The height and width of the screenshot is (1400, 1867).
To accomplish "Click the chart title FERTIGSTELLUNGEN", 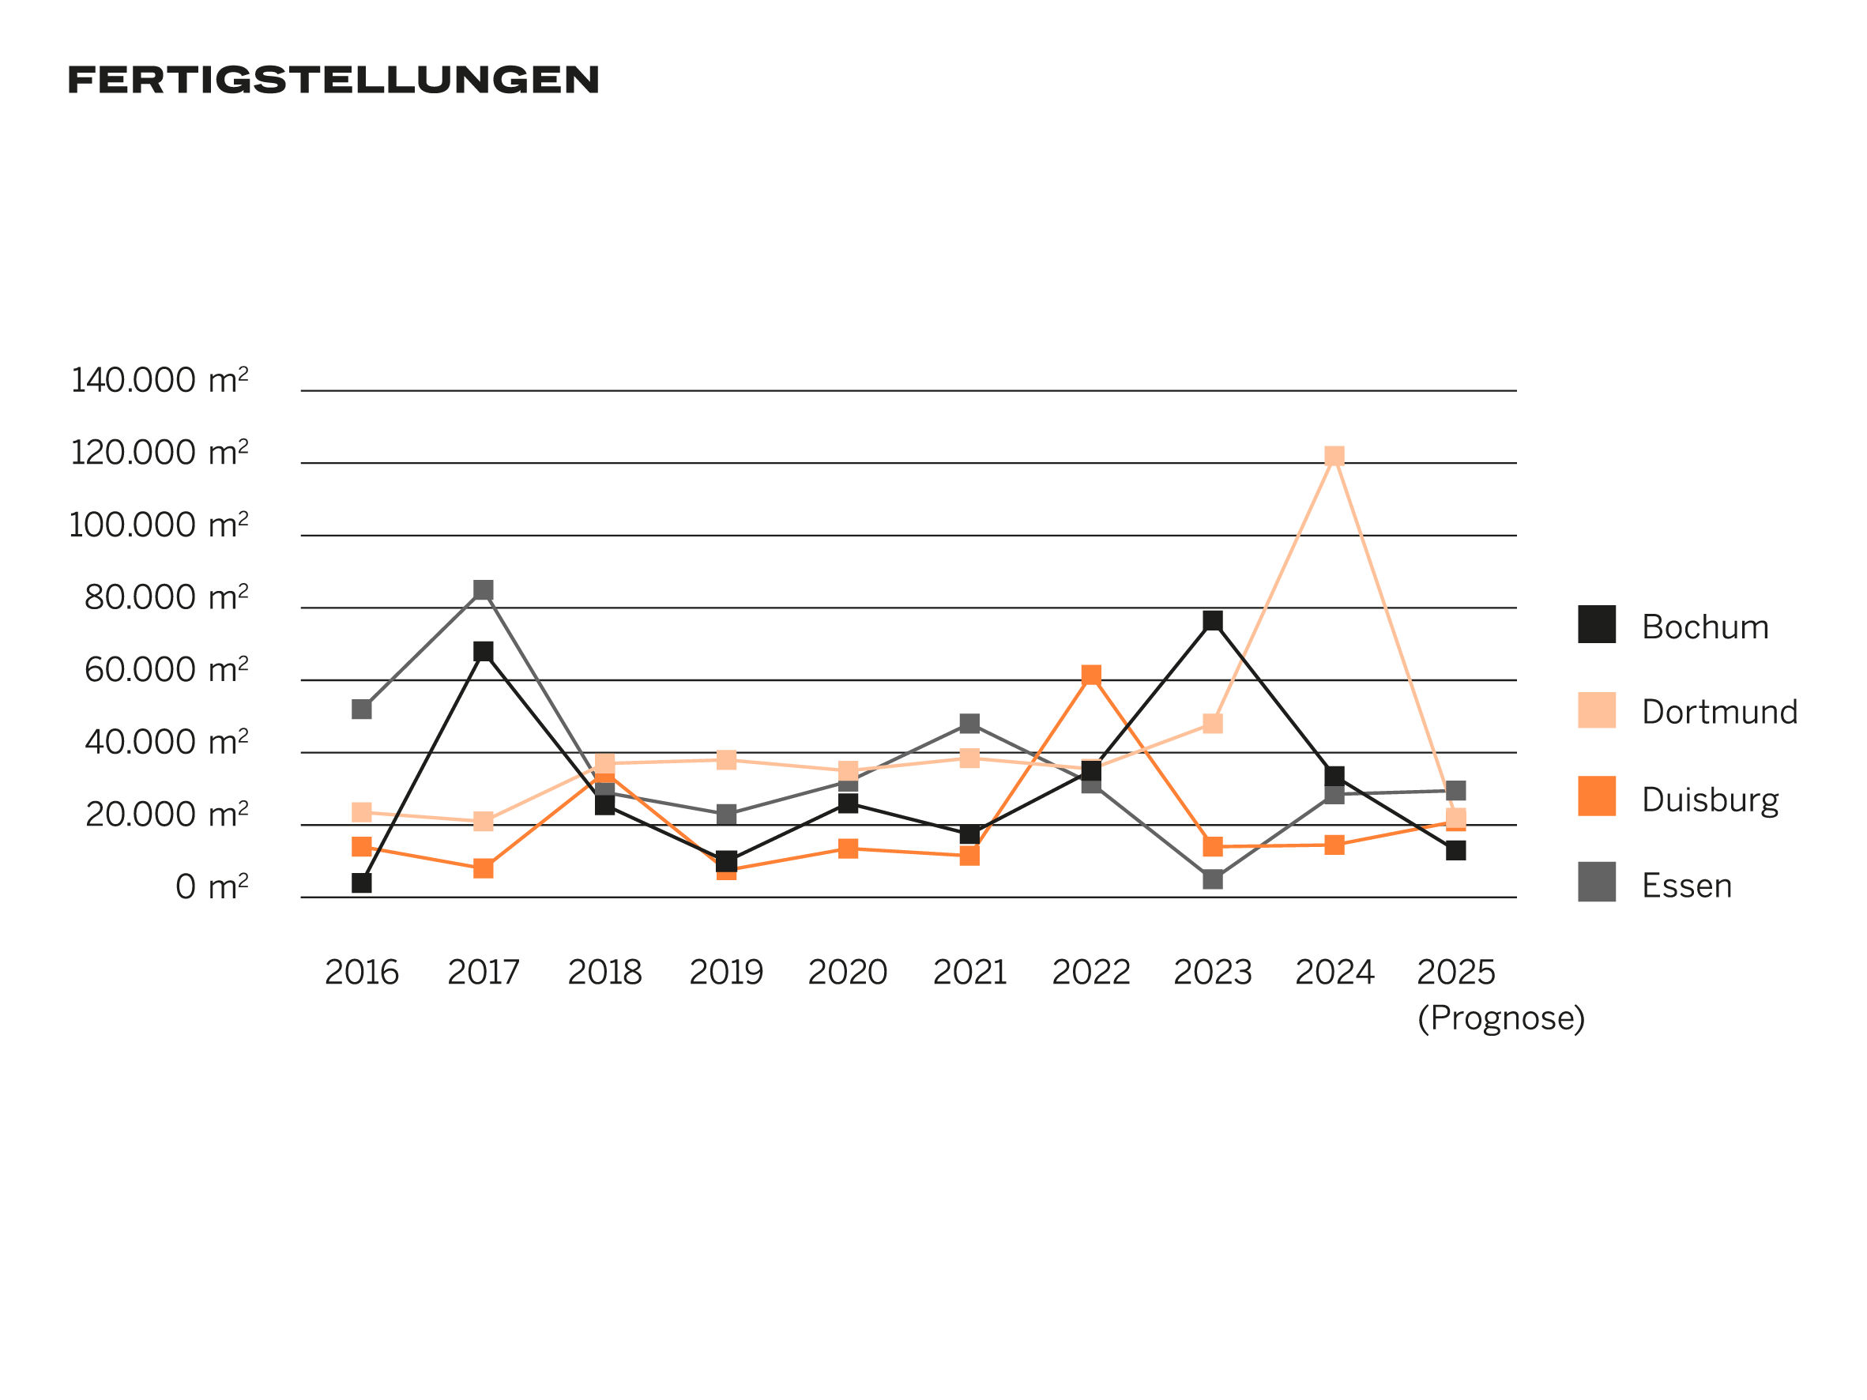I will [333, 80].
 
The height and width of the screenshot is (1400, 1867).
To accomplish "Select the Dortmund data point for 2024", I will [1334, 456].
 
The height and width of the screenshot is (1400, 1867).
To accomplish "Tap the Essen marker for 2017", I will [483, 590].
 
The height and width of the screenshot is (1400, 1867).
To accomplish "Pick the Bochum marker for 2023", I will [1212, 621].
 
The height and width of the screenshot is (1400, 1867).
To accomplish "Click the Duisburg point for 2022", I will [1090, 675].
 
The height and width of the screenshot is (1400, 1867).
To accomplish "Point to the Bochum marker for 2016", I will [361, 883].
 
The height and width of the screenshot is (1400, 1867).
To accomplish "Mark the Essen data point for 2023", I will [1212, 879].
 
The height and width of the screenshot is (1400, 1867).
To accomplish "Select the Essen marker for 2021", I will [969, 723].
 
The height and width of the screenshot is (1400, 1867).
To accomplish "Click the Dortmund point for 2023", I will [1212, 723].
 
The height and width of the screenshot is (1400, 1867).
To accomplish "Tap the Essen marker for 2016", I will [361, 709].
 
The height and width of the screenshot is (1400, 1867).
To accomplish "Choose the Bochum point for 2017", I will [483, 652].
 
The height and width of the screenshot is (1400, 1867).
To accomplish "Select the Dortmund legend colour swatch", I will [1596, 709].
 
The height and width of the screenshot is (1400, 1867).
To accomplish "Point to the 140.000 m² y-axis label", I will [160, 381].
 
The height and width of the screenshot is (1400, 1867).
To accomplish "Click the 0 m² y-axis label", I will [212, 887].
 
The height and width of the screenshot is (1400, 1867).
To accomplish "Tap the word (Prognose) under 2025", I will [1500, 1018].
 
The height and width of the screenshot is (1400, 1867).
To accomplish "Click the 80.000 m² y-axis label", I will [166, 597].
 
